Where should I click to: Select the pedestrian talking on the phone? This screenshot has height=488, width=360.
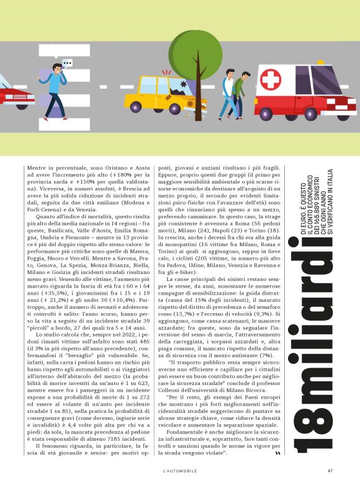pos(58,87)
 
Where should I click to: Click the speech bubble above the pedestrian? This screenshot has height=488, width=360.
pos(68,63)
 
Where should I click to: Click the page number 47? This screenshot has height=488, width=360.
pos(331,469)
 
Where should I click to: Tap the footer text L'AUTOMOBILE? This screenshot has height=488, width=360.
pos(180,469)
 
